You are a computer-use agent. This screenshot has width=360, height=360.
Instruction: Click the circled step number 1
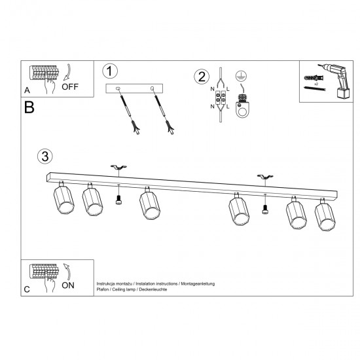click(x=111, y=71)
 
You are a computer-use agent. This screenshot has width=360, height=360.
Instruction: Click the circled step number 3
click(x=45, y=156)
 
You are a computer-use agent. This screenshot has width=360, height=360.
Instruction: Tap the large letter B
click(x=29, y=107)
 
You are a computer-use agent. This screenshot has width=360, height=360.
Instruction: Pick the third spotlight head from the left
click(x=149, y=205)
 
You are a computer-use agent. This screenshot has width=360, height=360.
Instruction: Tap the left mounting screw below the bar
click(x=118, y=201)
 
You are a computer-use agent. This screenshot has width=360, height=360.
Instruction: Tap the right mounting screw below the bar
click(x=265, y=208)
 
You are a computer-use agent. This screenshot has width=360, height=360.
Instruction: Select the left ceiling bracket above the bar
click(x=118, y=170)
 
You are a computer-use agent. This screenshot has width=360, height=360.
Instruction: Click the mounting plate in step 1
click(x=135, y=88)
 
